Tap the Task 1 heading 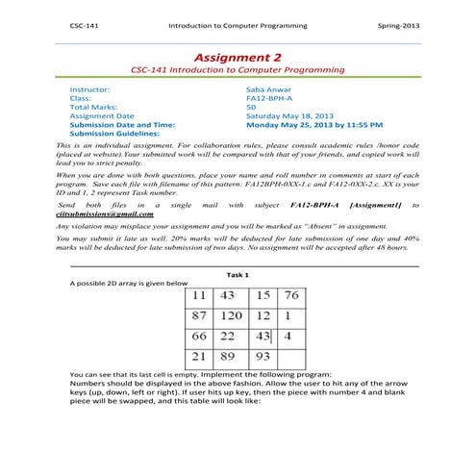pyautogui.click(x=237, y=275)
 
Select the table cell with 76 pyautogui.click(x=291, y=294)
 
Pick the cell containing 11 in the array pyautogui.click(x=199, y=294)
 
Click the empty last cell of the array pyautogui.click(x=291, y=358)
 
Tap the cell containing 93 pyautogui.click(x=262, y=358)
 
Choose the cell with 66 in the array pyautogui.click(x=199, y=337)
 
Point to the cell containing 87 pyautogui.click(x=199, y=316)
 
